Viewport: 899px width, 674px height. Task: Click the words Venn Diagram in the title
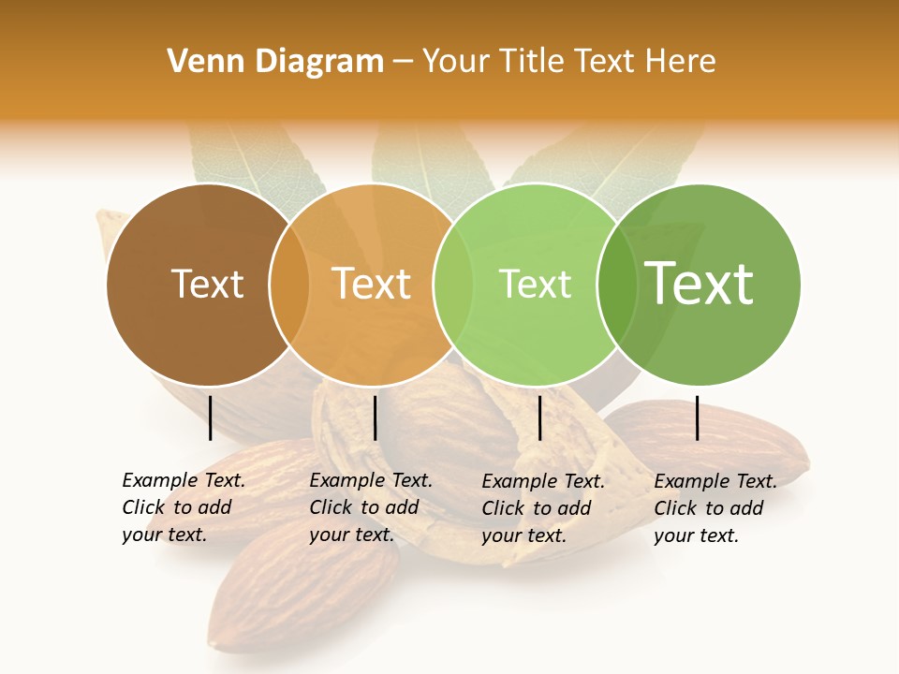coord(275,62)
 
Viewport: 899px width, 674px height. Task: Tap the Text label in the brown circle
coord(207,284)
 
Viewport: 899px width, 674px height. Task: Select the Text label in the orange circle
coord(371,284)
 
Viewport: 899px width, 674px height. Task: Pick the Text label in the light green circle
coord(535,284)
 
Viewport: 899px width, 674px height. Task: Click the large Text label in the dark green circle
coord(699,284)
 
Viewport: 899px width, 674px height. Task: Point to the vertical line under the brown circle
coord(211,418)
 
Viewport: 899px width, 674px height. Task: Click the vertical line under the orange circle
coord(375,418)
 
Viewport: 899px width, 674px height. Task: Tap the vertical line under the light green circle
coord(539,418)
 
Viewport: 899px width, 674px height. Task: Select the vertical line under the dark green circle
coord(698,418)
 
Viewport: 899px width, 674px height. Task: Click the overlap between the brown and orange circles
coord(289,284)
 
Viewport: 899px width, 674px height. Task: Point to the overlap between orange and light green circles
coord(453,284)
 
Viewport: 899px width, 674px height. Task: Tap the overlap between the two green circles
coord(616,284)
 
